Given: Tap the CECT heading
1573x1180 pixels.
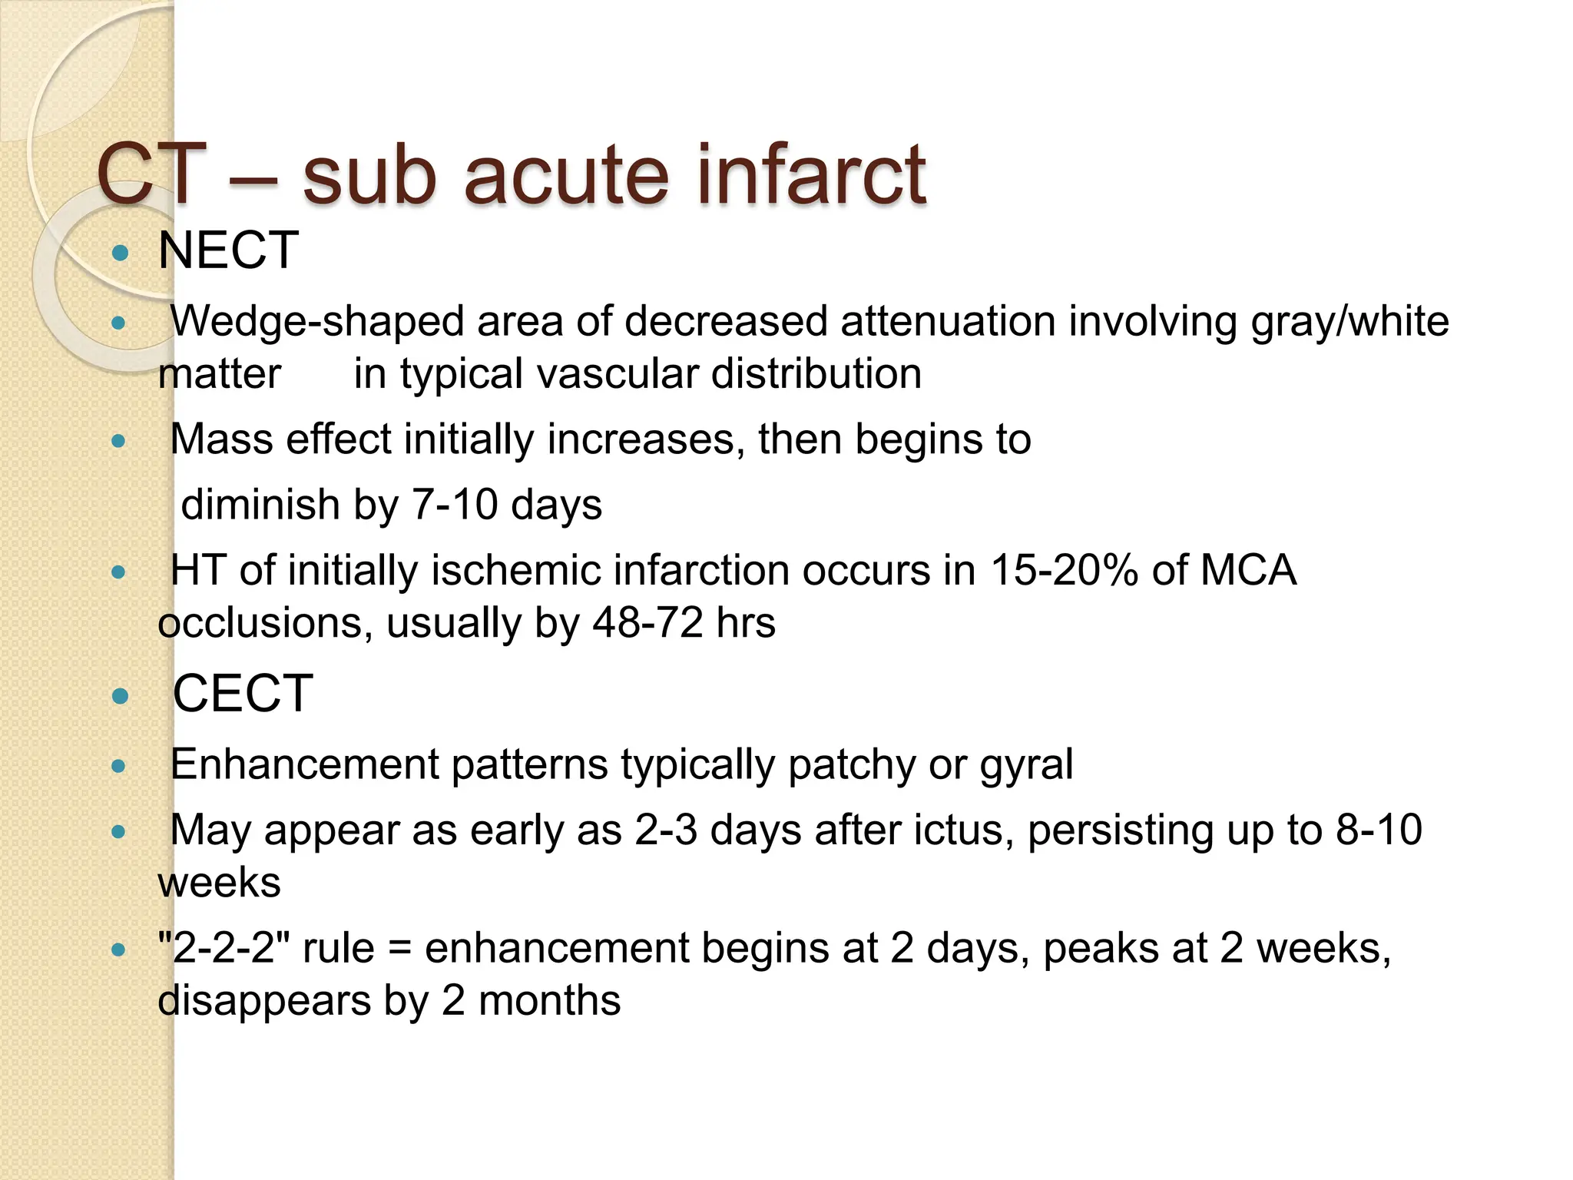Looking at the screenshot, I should [243, 694].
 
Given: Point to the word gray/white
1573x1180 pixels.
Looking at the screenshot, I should [1349, 322].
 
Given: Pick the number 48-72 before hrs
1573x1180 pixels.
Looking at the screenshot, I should [647, 623].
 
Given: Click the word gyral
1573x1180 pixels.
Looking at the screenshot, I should [1026, 765].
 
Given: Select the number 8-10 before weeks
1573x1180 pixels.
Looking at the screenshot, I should [1379, 830].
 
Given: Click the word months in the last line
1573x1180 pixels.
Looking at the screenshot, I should [549, 1001].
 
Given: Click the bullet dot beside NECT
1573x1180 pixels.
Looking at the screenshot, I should [119, 252].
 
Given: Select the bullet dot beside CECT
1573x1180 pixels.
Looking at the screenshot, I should [119, 696].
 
